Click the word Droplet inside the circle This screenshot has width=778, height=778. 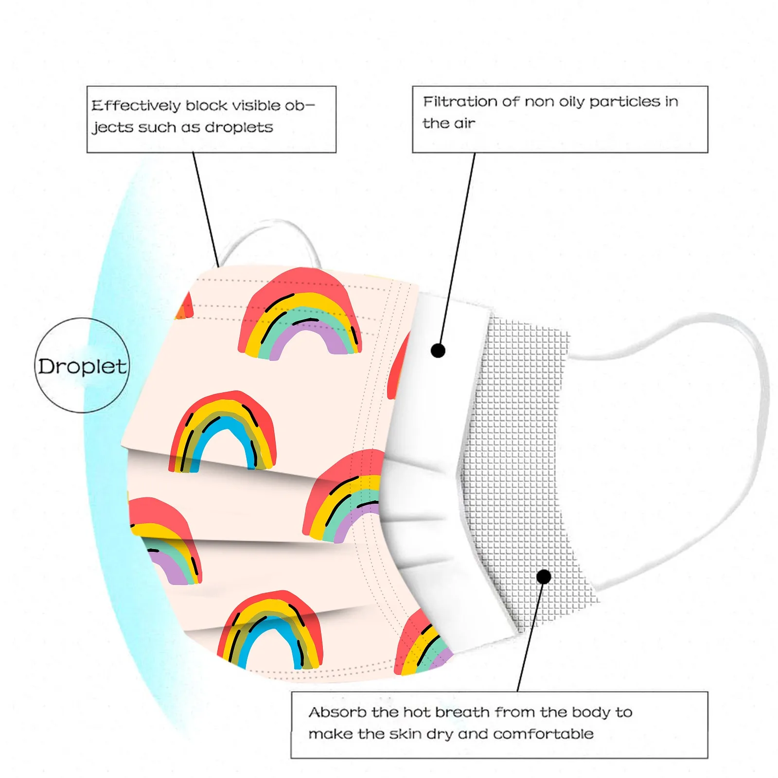pyautogui.click(x=82, y=366)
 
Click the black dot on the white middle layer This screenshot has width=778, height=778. pyautogui.click(x=438, y=351)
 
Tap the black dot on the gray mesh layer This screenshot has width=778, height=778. pyautogui.click(x=544, y=577)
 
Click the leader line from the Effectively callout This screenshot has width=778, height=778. pyautogui.click(x=206, y=209)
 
